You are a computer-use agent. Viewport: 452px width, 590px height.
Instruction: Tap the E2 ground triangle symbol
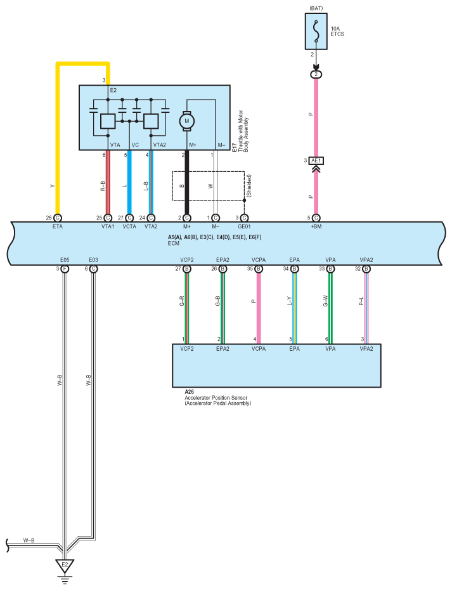63,564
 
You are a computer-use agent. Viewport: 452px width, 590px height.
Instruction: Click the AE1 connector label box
316,161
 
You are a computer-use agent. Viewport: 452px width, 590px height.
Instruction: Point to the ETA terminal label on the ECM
58,226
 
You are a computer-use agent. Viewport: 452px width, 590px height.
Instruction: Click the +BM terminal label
316,226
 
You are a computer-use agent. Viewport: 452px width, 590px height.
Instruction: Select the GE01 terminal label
244,226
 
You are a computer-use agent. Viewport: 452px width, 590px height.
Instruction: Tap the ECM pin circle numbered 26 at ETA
58,218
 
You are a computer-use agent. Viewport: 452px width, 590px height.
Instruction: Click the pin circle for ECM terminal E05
64,269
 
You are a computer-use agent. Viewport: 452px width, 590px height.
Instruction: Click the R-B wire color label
102,185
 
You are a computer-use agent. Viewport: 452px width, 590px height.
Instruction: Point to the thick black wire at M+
186,184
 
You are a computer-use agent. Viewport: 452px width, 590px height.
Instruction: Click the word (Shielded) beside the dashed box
250,185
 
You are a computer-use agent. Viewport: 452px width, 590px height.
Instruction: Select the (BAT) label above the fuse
316,8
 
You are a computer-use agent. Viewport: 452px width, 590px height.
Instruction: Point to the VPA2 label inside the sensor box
366,348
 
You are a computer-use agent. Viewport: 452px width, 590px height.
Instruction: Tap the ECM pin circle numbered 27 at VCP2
187,269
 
